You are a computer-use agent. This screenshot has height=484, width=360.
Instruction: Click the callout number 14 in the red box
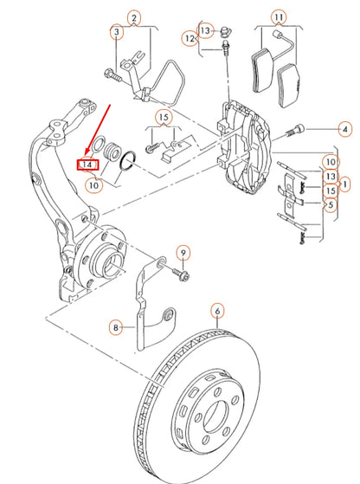pyautogui.click(x=87, y=163)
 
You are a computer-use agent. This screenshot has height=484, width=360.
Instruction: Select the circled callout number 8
pyautogui.click(x=116, y=327)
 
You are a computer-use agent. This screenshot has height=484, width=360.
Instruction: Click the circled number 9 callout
pyautogui.click(x=183, y=252)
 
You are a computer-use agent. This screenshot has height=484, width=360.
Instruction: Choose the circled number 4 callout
pyautogui.click(x=344, y=129)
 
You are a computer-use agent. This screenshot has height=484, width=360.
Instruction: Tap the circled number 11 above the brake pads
pyautogui.click(x=278, y=17)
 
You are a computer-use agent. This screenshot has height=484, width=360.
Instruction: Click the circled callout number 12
pyautogui.click(x=189, y=37)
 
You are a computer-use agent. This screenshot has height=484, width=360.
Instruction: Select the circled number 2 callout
pyautogui.click(x=132, y=17)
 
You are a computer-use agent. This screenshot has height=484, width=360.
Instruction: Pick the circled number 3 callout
pyautogui.click(x=116, y=33)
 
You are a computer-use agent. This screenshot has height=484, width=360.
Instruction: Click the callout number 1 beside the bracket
pyautogui.click(x=344, y=184)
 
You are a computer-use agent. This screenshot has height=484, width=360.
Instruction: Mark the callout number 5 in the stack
pyautogui.click(x=331, y=205)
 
